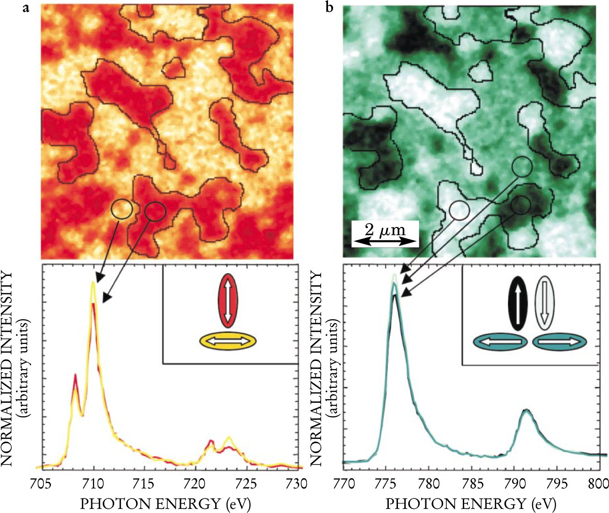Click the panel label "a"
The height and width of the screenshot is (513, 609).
click(x=26, y=8)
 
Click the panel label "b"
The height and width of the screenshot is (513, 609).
click(x=328, y=8)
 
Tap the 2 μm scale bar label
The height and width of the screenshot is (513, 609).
click(x=385, y=229)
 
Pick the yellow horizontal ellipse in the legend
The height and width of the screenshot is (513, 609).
click(x=228, y=341)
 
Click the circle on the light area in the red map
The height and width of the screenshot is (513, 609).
click(x=122, y=209)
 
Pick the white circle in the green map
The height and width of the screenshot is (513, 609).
click(x=459, y=211)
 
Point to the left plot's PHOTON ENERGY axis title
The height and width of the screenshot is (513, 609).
click(x=165, y=503)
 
